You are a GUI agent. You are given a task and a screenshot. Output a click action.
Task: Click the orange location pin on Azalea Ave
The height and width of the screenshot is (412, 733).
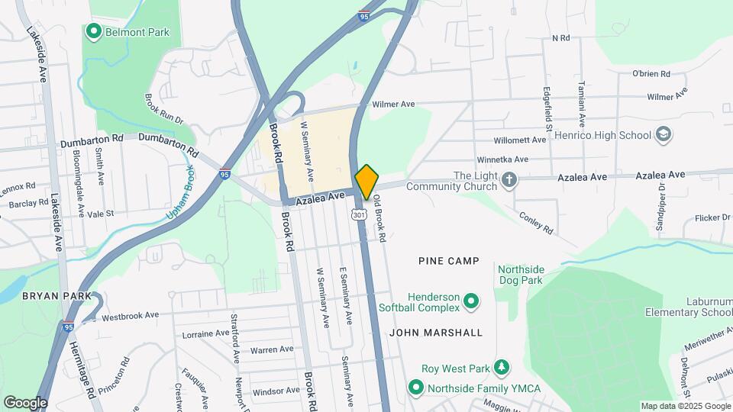(366, 182)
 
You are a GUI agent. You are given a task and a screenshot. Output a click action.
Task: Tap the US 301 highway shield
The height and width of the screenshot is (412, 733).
(360, 214)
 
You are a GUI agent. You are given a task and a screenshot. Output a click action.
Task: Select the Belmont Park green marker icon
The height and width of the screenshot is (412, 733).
(95, 31)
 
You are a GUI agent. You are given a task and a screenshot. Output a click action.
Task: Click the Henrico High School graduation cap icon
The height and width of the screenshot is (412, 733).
(664, 135)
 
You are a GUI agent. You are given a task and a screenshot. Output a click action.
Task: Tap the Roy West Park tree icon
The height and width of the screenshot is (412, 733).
(501, 369)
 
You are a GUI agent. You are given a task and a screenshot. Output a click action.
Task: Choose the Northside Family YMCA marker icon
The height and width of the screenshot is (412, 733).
(415, 388)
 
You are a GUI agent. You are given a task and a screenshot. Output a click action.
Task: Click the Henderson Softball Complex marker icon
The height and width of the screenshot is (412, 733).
(471, 302)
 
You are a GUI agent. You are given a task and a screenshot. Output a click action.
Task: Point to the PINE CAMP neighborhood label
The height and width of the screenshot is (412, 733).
(449, 261)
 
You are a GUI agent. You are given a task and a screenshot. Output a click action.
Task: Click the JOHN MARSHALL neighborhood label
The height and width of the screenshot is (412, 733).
(436, 333)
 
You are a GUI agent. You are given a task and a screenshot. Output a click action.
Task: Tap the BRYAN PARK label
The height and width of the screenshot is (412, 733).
(57, 295)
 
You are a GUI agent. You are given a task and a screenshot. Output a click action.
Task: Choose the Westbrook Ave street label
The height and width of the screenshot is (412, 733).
(130, 315)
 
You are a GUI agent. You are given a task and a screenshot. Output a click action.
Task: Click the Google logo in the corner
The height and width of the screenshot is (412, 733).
(25, 402)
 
